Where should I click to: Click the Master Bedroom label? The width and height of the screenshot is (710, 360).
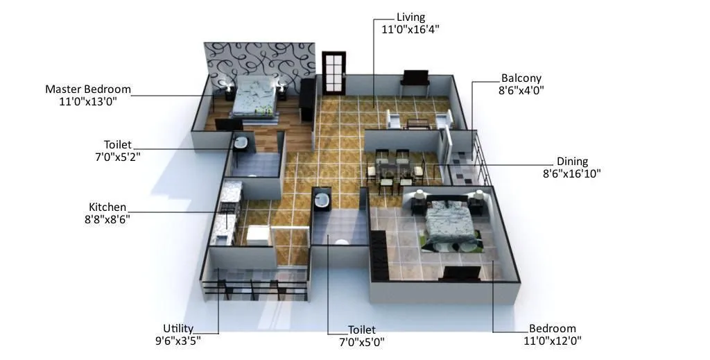point(88,89)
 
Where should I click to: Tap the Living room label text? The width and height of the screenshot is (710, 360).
point(411,17)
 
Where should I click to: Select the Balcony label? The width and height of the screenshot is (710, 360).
point(521,78)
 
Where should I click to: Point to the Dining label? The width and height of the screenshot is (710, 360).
point(572,162)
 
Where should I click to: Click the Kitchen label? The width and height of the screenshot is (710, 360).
point(107,207)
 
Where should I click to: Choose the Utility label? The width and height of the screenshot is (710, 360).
point(178,328)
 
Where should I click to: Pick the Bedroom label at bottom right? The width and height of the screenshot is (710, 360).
point(552,329)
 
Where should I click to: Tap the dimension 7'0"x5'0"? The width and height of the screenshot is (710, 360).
point(361,341)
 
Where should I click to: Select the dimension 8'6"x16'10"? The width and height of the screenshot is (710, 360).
point(572,173)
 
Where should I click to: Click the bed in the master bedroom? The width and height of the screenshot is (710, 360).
point(254,97)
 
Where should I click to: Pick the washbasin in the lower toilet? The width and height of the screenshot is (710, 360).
point(322,200)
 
